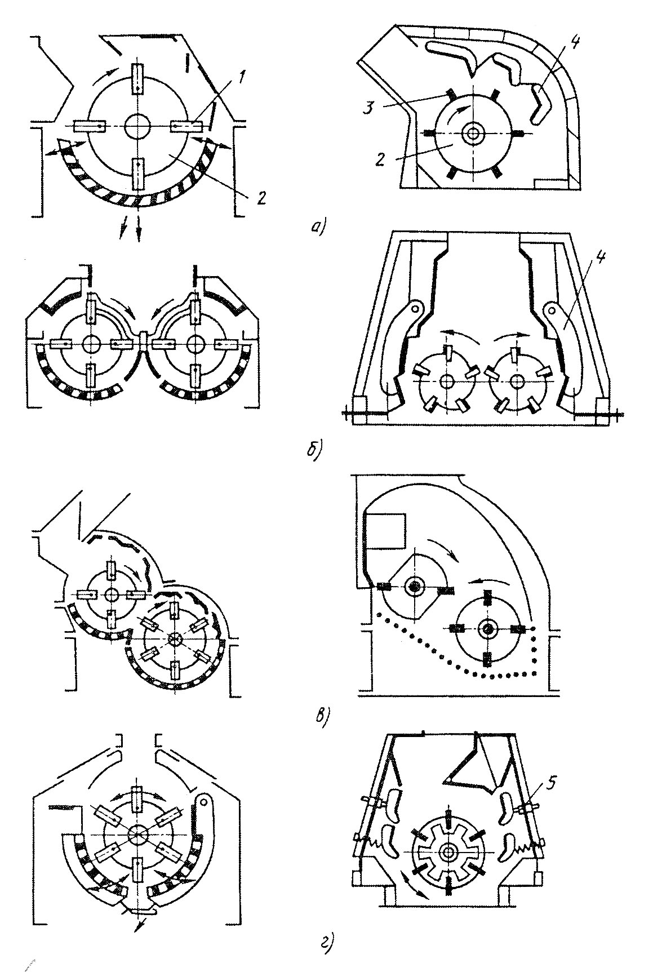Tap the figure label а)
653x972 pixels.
point(318,227)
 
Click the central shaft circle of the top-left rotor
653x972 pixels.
point(137,125)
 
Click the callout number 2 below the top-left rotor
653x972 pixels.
point(260,198)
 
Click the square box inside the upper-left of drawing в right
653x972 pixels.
point(386,531)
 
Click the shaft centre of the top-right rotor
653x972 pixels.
point(472,133)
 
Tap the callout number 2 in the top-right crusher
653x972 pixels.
point(380,159)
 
